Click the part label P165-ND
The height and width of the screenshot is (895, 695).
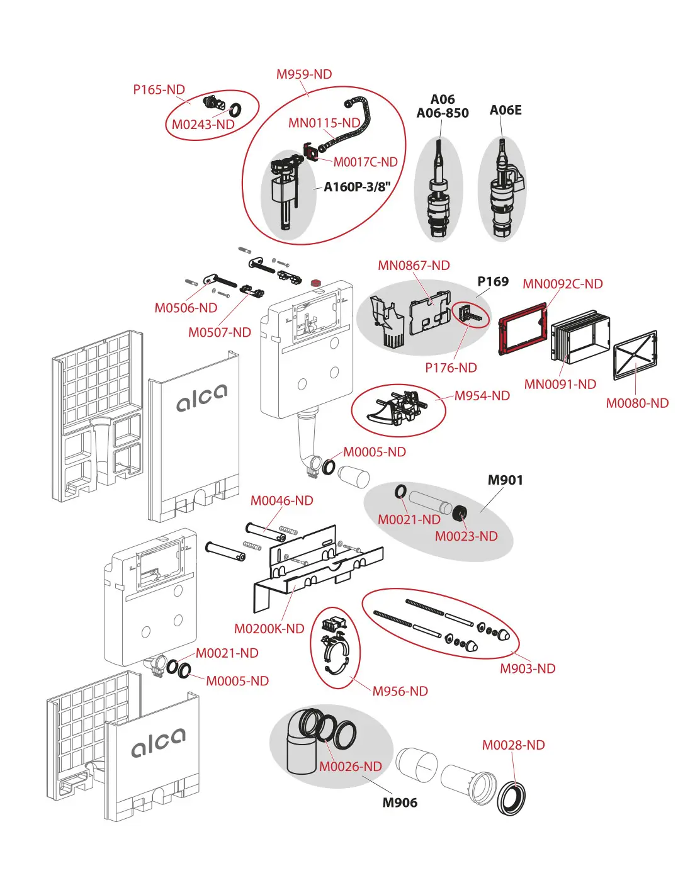point(159,90)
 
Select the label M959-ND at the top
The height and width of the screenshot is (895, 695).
point(304,74)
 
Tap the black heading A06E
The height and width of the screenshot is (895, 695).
point(506,110)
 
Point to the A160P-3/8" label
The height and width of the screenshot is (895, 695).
point(357,187)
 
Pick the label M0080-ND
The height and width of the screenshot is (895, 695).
point(637,403)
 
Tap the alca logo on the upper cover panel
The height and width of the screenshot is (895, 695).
point(201,398)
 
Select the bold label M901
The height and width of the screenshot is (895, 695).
point(506,480)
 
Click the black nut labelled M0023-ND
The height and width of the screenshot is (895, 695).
point(460,512)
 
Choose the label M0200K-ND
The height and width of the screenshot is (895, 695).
point(269,629)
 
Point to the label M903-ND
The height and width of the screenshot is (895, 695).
point(528,668)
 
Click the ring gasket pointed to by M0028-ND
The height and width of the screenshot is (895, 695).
point(512,798)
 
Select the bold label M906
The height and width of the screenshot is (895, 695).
point(400,802)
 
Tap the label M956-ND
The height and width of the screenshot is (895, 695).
point(400,691)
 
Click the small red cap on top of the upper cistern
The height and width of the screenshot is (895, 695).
point(317,283)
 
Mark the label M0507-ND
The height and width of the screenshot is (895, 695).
point(220,332)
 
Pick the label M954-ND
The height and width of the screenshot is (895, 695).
point(482,396)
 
